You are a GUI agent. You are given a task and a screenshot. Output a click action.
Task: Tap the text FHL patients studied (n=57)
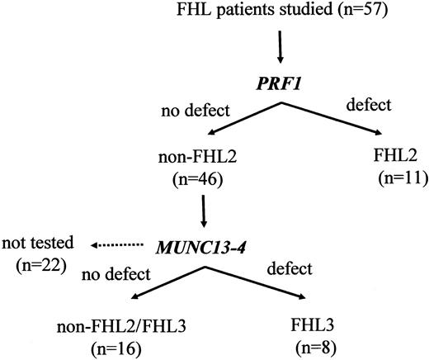pyautogui.click(x=280, y=12)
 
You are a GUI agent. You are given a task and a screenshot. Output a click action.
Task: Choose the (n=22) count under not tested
pyautogui.click(x=39, y=266)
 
